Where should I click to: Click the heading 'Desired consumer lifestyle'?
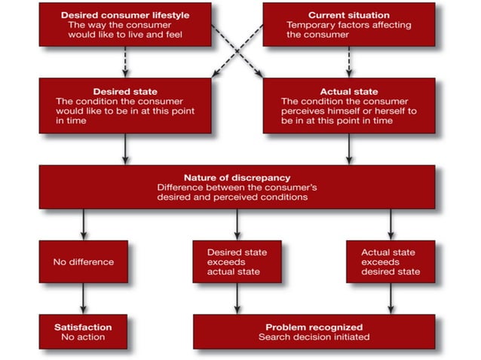click(125, 15)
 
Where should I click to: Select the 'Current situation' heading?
click(348, 15)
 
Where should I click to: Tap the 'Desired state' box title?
click(124, 90)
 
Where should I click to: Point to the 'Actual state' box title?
click(348, 90)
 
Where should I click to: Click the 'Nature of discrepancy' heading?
click(237, 178)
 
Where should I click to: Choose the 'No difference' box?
click(84, 262)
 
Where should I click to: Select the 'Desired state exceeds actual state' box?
click(237, 261)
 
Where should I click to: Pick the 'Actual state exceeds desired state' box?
click(391, 261)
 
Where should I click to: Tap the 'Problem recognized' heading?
click(314, 327)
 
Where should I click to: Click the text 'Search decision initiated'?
click(314, 337)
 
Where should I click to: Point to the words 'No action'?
click(84, 337)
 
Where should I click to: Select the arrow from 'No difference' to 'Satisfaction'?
click(84, 298)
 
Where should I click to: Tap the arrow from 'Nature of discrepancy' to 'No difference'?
click(84, 224)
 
